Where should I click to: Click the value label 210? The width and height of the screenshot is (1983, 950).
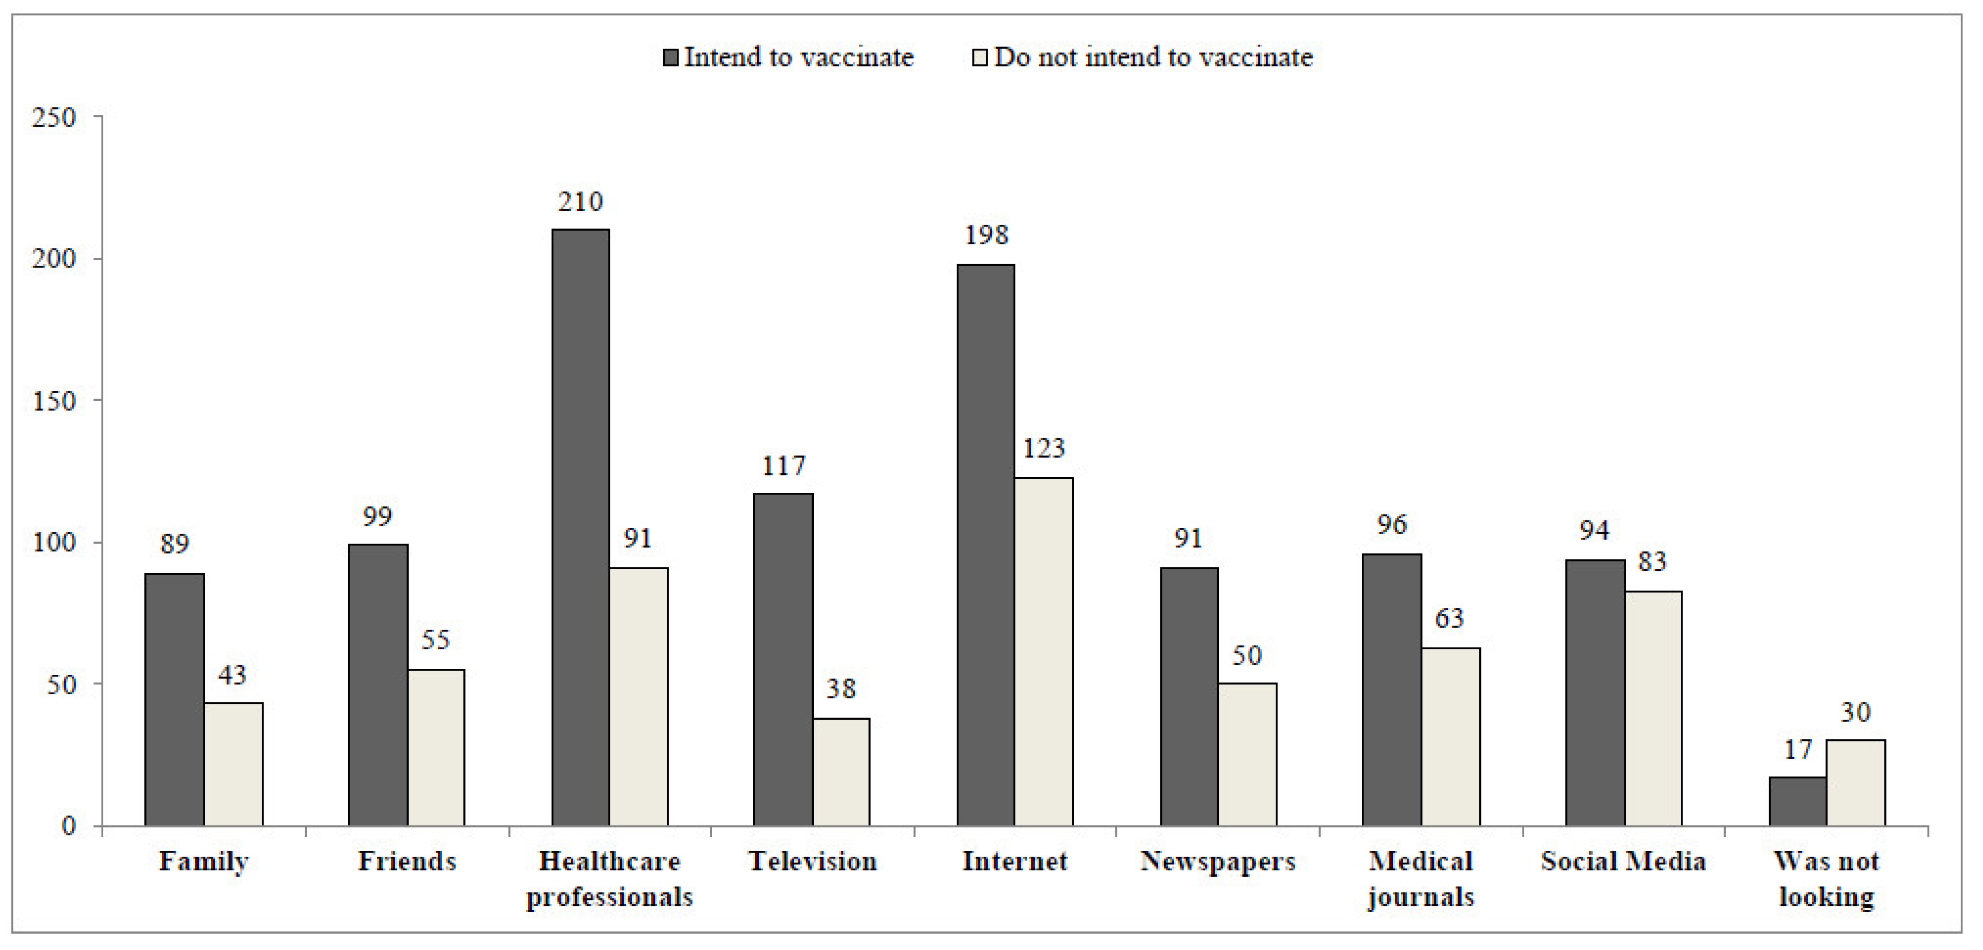580,202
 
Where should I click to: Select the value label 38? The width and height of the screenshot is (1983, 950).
841,688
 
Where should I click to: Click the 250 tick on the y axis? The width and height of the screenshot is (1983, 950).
54,118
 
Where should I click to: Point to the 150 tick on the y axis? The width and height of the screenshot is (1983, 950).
54,401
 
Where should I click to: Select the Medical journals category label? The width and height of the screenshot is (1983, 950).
1420,879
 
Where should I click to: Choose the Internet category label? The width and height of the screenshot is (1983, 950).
1014,861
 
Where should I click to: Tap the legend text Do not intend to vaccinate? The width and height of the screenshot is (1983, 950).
1153,57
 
